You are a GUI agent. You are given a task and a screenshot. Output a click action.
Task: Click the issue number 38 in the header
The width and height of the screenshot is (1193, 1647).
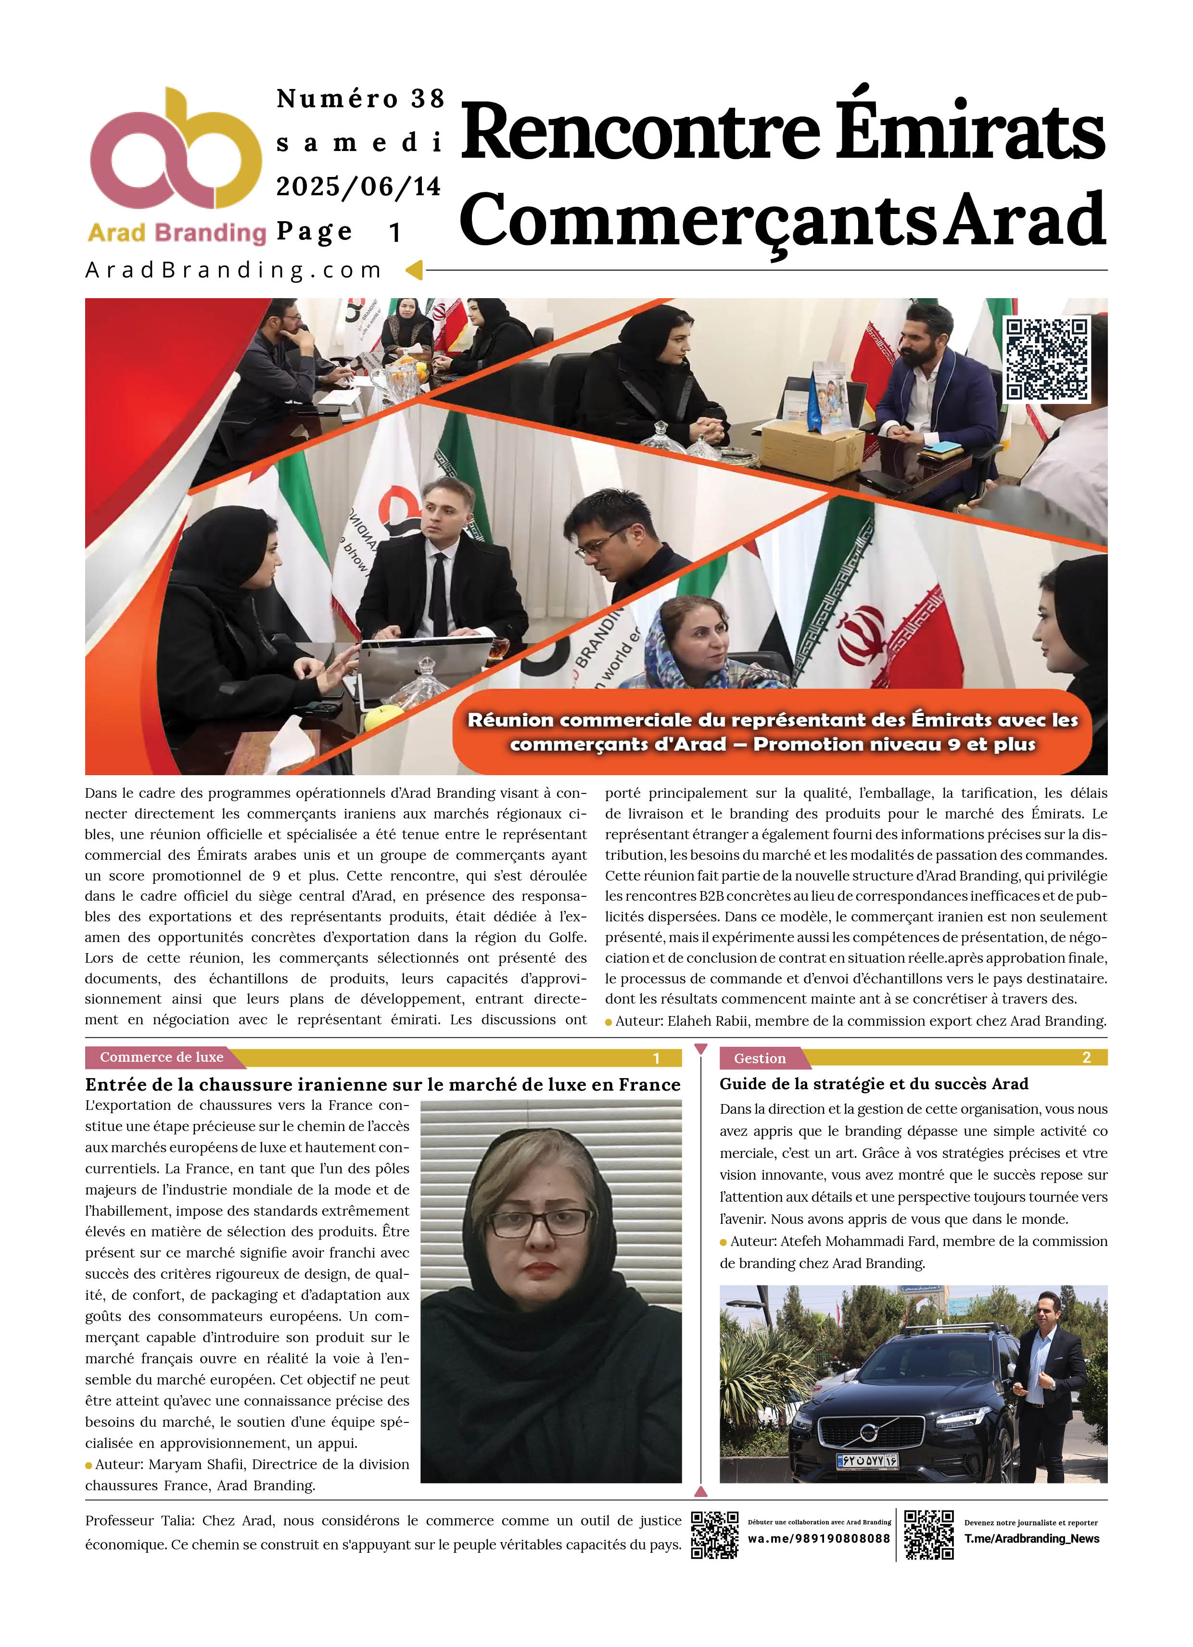point(427,99)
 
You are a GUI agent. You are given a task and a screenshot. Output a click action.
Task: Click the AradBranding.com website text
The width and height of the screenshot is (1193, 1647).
point(233,270)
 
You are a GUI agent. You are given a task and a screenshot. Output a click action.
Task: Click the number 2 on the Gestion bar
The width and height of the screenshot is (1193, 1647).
point(1086,1057)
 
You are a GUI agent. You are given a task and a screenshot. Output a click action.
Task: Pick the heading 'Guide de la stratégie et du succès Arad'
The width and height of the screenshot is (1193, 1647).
point(873,1084)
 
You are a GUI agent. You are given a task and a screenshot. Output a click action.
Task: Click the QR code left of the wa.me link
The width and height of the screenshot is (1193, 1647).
point(714,1534)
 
